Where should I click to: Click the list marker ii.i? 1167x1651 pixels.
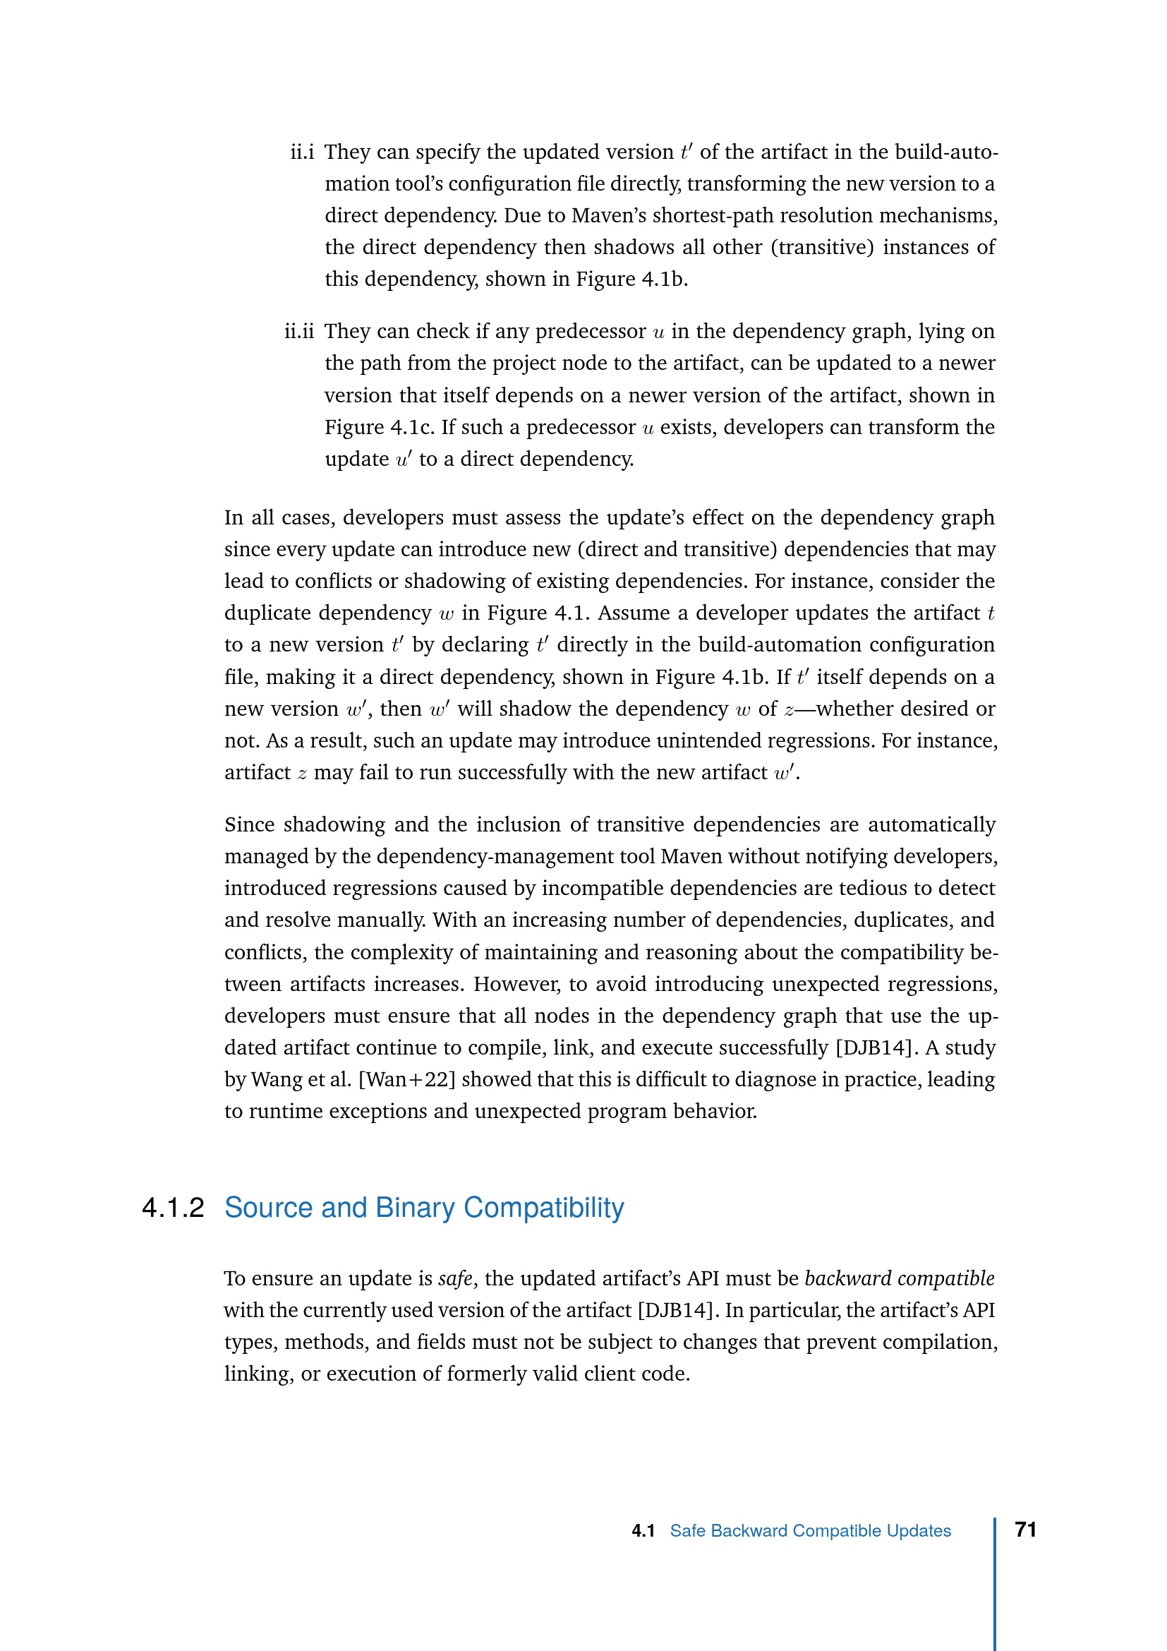tap(302, 152)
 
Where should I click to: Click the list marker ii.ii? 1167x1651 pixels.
tap(299, 332)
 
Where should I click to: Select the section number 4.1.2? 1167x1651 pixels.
tap(173, 1207)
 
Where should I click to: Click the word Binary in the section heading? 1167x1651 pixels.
tap(415, 1207)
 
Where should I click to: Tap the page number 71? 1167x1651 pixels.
tap(1025, 1530)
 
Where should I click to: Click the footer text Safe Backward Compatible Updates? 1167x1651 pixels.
tap(810, 1531)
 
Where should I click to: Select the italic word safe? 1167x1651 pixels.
tap(456, 1278)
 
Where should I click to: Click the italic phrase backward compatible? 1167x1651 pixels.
tap(899, 1278)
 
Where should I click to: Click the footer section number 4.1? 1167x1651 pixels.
tap(643, 1531)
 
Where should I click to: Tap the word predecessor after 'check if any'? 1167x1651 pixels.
tap(590, 332)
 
